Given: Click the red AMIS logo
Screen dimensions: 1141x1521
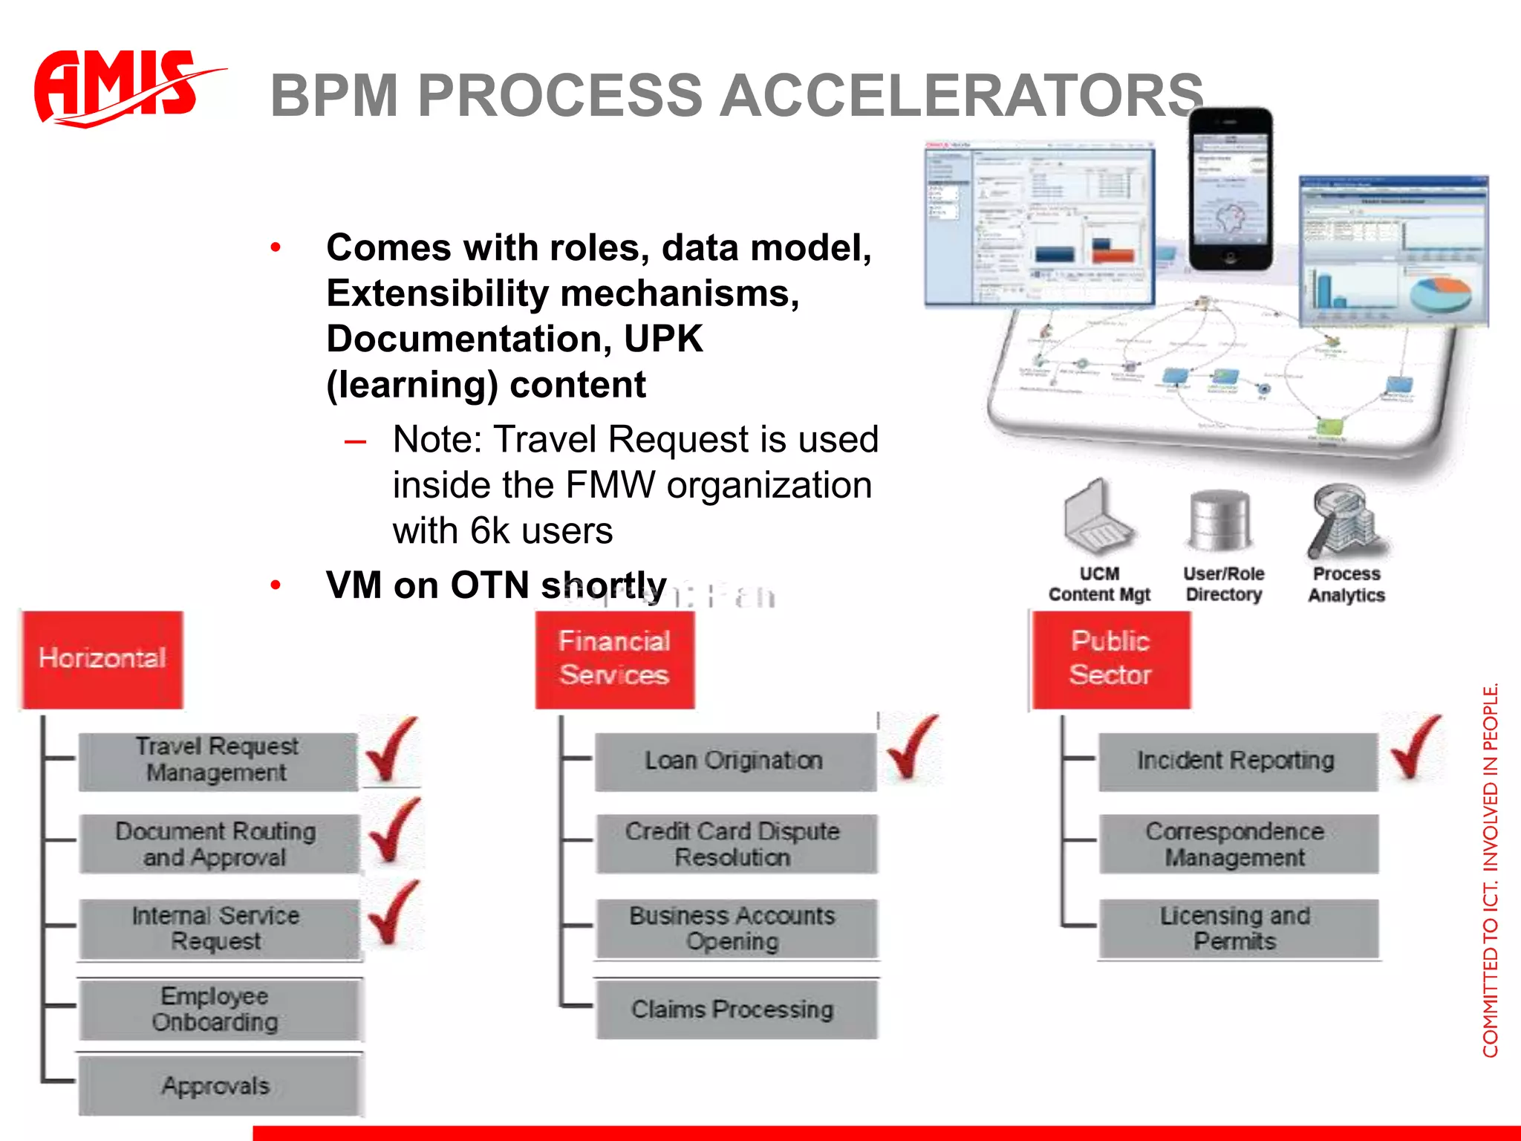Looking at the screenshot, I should [119, 88].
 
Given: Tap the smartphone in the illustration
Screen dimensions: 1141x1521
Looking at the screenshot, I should [1230, 189].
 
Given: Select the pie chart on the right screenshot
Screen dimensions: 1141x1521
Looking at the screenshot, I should [1439, 293].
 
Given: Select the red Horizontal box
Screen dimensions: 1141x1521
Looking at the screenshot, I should [102, 659].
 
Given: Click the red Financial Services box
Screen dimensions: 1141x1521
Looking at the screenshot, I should [615, 659].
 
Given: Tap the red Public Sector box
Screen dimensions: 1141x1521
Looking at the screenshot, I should [1110, 659].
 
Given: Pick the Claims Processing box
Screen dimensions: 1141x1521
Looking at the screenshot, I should [734, 1010].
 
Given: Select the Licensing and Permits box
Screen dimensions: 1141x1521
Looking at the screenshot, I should [1237, 929].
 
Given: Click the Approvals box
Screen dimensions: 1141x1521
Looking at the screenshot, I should [217, 1086].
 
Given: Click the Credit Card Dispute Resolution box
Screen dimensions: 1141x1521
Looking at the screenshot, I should [734, 844].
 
